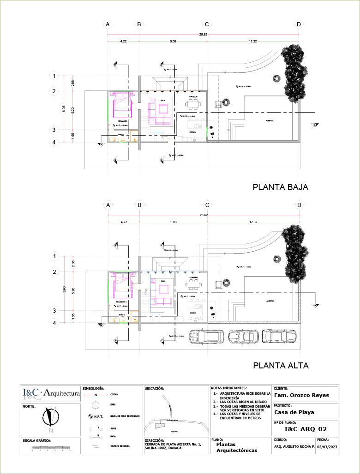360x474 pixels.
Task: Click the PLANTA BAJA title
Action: (280, 187)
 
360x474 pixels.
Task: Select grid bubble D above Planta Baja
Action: (299, 24)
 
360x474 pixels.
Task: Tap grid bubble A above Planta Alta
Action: (108, 205)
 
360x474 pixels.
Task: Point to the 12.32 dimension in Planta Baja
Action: (252, 41)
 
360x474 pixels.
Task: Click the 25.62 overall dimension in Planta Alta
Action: (203, 215)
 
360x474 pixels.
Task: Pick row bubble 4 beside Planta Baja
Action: (54, 142)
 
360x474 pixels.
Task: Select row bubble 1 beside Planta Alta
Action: (54, 256)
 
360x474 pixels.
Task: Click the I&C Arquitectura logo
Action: (51, 393)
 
